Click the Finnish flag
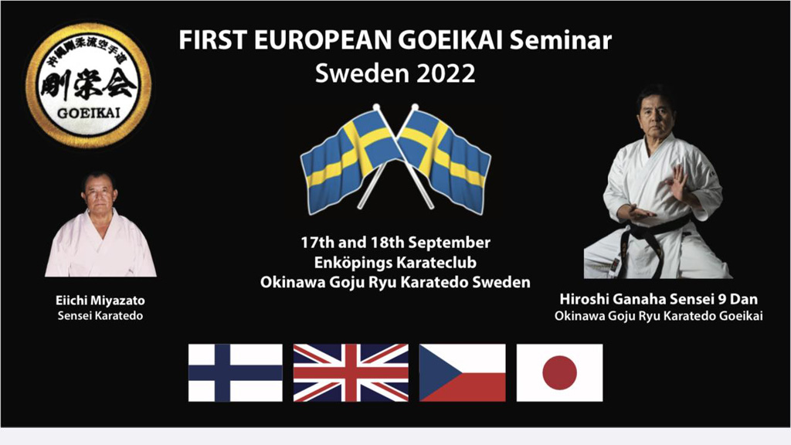pos(235,373)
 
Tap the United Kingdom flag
pos(351,373)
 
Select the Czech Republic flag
pos(462,373)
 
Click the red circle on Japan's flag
pos(559,373)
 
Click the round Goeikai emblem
pos(89,85)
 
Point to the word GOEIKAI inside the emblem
pos(89,113)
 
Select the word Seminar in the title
pos(561,40)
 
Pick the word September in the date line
pos(449,243)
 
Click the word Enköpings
pos(353,263)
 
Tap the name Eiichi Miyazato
pos(100,301)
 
